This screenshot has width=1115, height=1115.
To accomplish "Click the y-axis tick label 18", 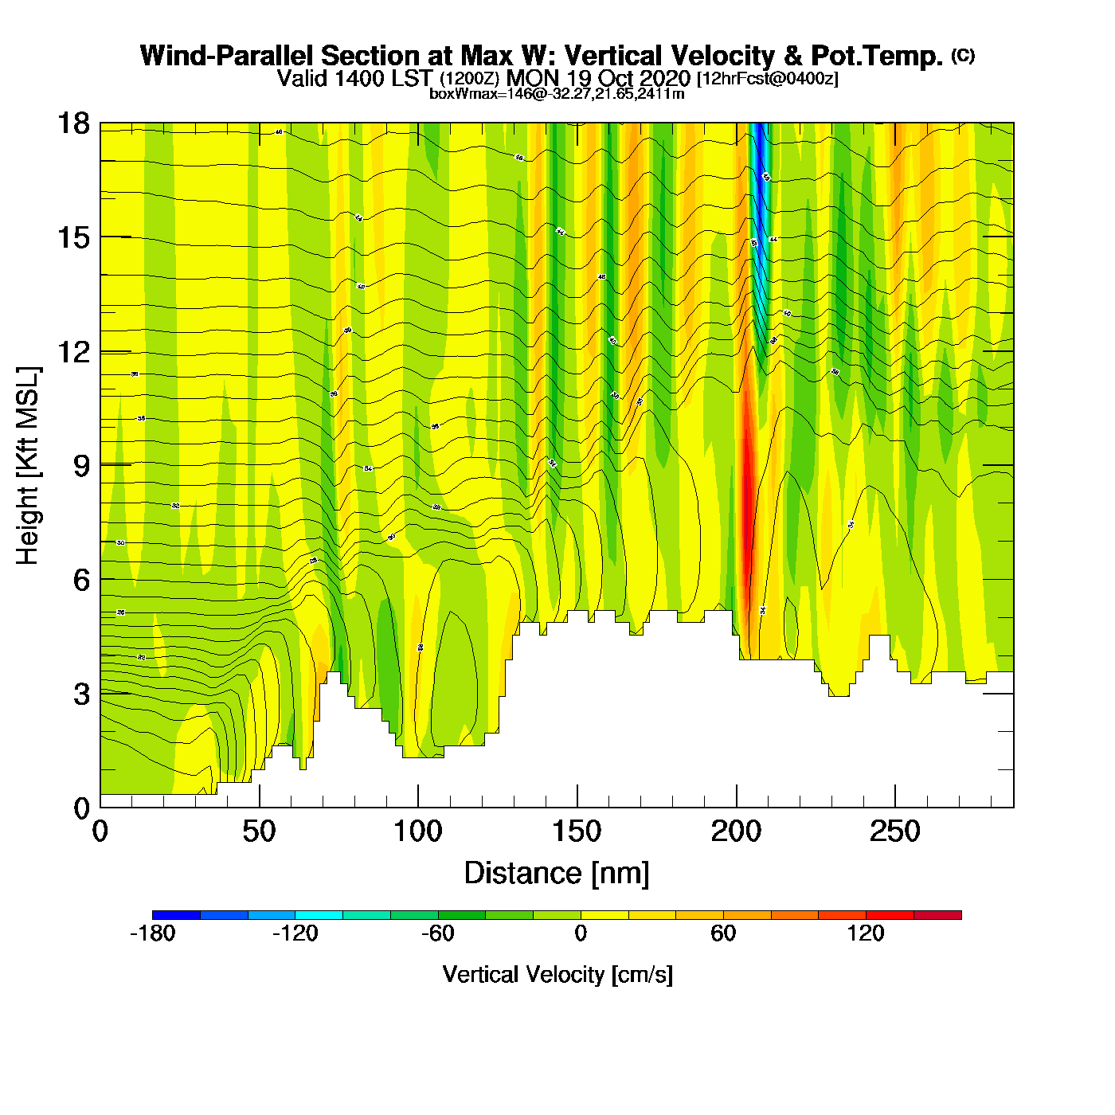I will [x=72, y=123].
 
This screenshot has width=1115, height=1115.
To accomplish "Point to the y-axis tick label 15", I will [x=72, y=237].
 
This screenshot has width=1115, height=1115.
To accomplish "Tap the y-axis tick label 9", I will [x=81, y=466].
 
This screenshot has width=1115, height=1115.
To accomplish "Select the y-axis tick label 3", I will [x=81, y=694].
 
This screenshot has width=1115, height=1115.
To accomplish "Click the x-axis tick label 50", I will [x=259, y=832].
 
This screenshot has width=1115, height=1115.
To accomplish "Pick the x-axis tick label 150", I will [x=577, y=832].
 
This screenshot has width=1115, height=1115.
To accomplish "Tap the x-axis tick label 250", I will [x=894, y=832].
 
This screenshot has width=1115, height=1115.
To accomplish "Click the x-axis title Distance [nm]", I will [x=557, y=874].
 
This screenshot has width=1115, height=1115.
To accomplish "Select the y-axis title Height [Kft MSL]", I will [x=28, y=466].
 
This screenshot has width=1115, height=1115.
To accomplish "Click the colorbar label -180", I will [x=152, y=933].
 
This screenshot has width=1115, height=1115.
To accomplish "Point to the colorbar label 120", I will [x=866, y=933].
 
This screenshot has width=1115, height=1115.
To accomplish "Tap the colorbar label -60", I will [x=437, y=933].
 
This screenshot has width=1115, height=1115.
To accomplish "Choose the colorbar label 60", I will [x=723, y=933].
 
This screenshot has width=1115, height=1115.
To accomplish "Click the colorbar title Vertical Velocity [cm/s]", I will [x=557, y=975].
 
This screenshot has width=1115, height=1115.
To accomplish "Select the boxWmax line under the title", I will [x=557, y=94].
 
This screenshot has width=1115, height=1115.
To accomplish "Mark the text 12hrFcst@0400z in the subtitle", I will [x=767, y=79].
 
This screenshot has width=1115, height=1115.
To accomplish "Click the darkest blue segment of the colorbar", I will [x=176, y=915].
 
